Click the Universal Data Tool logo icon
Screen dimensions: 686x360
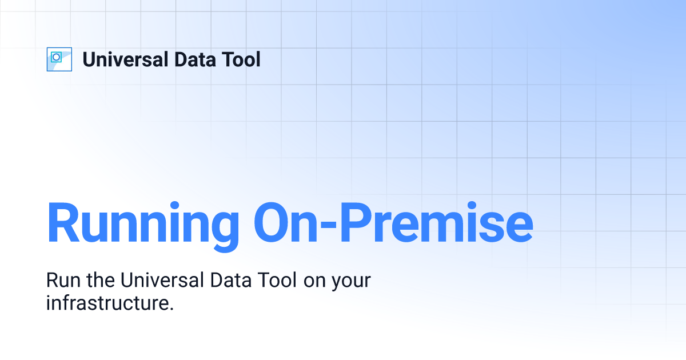pyautogui.click(x=59, y=59)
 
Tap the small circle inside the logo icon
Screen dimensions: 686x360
pyautogui.click(x=56, y=57)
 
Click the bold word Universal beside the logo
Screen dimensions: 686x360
pyautogui.click(x=126, y=59)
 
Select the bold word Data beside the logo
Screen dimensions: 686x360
pyautogui.click(x=195, y=59)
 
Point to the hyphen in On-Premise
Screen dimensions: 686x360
pyautogui.click(x=328, y=226)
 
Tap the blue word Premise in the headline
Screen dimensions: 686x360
pyautogui.click(x=437, y=222)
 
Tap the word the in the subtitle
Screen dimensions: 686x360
pyautogui.click(x=101, y=279)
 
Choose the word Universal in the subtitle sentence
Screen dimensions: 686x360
pyautogui.click(x=162, y=279)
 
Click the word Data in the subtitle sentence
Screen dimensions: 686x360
pyautogui.click(x=231, y=280)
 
